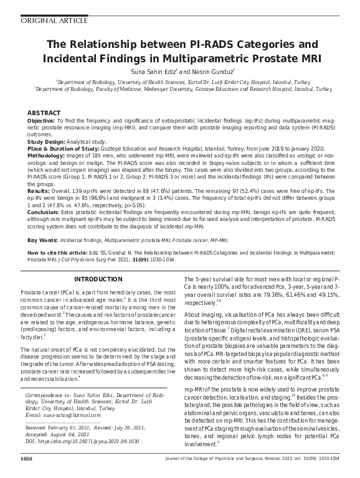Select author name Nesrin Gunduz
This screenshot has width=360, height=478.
point(211,72)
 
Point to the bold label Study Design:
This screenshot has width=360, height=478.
point(46,141)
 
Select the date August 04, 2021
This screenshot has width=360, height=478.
point(78,434)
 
